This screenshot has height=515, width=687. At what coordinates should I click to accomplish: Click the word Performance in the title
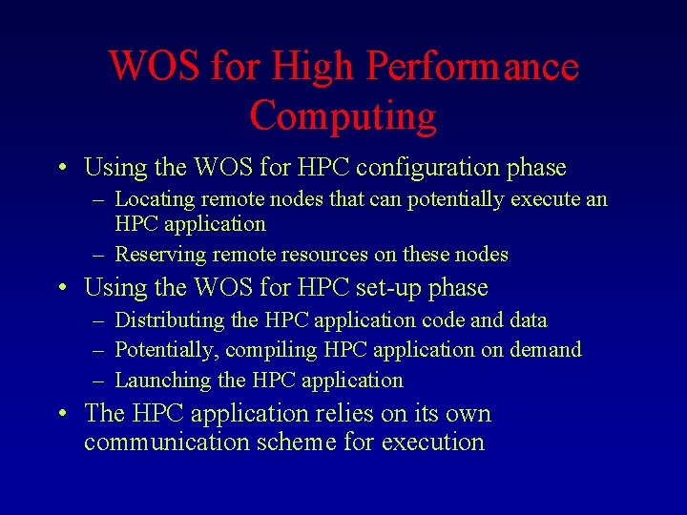pos(472,68)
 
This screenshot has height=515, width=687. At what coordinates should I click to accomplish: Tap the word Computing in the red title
pos(343,116)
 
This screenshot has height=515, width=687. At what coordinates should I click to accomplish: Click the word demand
pos(546,350)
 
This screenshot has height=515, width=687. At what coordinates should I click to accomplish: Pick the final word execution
pos(433,443)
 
